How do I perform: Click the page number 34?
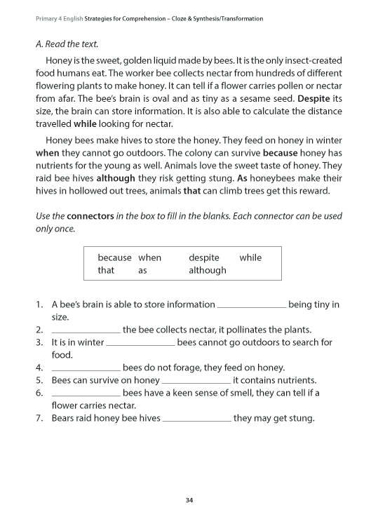point(189,499)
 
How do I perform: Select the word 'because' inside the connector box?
point(114,257)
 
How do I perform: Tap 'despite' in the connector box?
point(204,257)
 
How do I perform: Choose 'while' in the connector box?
point(250,257)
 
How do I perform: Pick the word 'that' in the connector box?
point(106,270)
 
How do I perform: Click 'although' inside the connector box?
point(208,270)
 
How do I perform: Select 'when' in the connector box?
point(150,257)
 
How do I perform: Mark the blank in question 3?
point(140,344)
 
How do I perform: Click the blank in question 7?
point(197,419)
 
